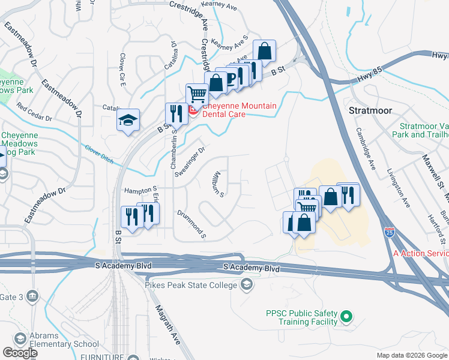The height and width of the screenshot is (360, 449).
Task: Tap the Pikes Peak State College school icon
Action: pyautogui.click(x=246, y=285)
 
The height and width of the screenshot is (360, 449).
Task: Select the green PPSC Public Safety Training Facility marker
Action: pyautogui.click(x=346, y=316)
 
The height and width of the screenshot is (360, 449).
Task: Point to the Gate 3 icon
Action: pyautogui.click(x=32, y=296)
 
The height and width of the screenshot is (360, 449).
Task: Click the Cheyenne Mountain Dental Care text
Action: pyautogui.click(x=240, y=110)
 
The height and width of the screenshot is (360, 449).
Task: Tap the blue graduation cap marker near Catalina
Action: pyautogui.click(x=128, y=120)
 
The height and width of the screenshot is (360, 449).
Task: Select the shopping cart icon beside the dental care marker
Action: pyautogui.click(x=196, y=94)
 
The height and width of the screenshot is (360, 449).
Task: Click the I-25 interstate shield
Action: pyautogui.click(x=390, y=231)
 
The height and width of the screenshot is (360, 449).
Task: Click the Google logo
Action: pyautogui.click(x=19, y=353)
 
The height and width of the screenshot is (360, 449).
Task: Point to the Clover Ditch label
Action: pyautogui.click(x=98, y=151)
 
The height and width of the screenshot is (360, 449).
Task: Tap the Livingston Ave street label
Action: pyautogui.click(x=399, y=188)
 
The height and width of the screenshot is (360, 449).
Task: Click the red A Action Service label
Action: pyautogui.click(x=421, y=254)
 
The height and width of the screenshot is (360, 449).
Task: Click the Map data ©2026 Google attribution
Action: pyautogui.click(x=411, y=355)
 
